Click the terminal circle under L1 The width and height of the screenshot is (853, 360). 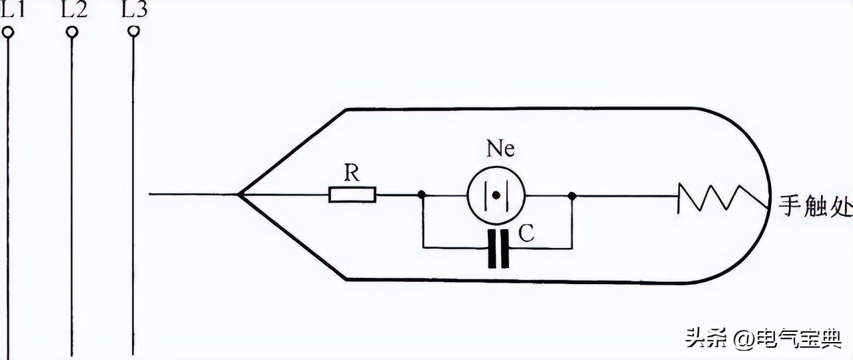tap(8, 32)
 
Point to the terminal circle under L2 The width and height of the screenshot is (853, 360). tap(72, 32)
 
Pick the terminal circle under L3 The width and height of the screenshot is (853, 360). tap(133, 31)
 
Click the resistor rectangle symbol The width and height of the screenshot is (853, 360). tap(353, 195)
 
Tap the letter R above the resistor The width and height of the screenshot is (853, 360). tap(351, 174)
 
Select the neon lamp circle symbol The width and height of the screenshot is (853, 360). tap(496, 195)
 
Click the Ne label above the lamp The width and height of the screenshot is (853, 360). tap(500, 149)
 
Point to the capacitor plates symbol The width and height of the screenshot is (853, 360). tap(498, 248)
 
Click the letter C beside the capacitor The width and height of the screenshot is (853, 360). tap(526, 234)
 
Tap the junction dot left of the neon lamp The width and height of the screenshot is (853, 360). tap(422, 195)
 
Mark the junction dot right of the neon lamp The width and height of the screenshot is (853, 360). tap(572, 195)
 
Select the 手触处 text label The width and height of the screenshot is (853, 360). tap(815, 207)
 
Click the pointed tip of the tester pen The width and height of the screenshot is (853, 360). tap(240, 195)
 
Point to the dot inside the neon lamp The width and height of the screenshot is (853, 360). tap(496, 195)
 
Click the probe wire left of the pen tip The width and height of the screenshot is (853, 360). tap(193, 195)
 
